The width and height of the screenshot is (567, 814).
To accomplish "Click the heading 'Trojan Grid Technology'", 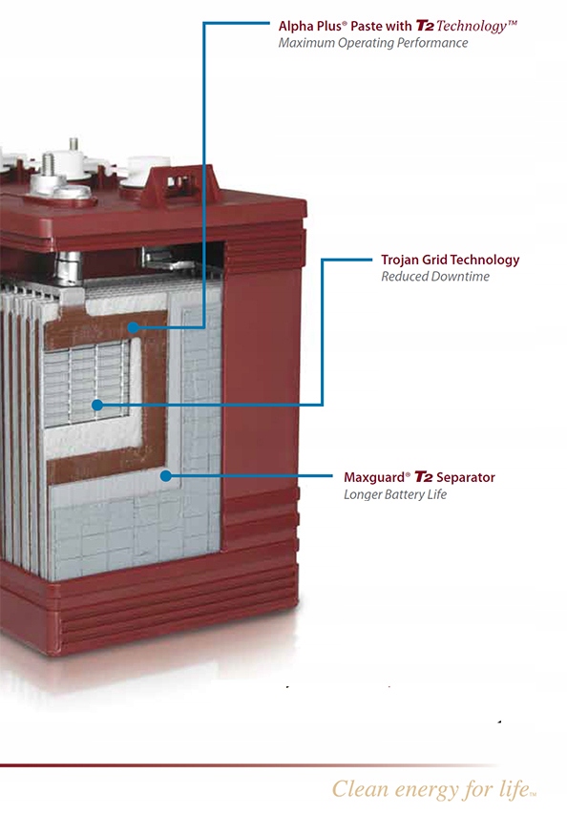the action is click(451, 261).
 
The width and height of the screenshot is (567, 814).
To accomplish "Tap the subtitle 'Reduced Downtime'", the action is click(435, 276).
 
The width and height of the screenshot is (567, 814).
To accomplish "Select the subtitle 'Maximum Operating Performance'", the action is click(373, 43).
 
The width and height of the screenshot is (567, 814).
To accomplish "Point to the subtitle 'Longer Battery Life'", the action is click(395, 494).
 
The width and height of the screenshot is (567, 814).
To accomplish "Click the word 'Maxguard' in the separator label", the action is click(374, 477).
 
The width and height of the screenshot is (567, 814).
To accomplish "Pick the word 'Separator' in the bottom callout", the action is click(466, 477).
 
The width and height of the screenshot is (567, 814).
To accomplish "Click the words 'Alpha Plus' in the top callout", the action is click(310, 26).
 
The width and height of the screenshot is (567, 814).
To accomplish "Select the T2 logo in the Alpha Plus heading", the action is click(425, 26).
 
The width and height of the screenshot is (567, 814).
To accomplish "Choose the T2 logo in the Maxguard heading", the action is click(424, 476).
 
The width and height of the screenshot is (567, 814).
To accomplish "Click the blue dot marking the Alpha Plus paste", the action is click(134, 327).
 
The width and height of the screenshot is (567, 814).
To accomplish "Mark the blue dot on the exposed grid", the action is click(97, 405).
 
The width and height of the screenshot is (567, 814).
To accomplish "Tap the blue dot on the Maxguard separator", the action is click(166, 475).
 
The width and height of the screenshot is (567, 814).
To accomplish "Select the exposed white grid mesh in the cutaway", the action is click(86, 383).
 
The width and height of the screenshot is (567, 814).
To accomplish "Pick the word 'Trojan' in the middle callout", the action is click(399, 261).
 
